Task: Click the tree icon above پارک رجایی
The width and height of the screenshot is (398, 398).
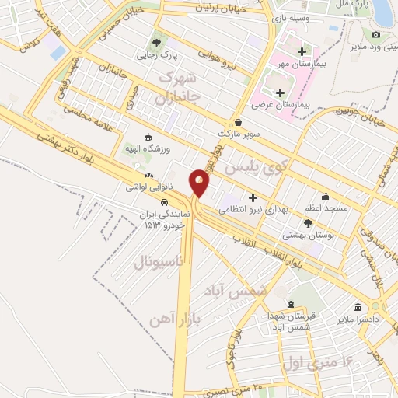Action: pos(157,43)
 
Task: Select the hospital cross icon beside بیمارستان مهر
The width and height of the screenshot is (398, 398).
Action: pos(301,51)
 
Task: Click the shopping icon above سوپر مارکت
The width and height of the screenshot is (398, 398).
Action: pos(238,122)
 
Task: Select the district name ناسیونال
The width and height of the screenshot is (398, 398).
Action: pos(159,262)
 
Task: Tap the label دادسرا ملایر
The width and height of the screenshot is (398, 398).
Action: pos(358,319)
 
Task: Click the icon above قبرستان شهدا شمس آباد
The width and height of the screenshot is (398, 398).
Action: pos(291,304)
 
